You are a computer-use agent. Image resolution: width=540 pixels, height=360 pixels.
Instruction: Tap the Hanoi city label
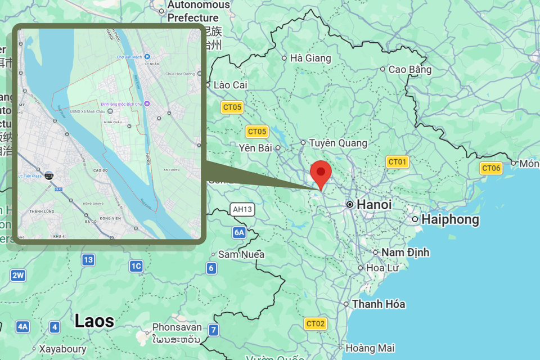[373, 204]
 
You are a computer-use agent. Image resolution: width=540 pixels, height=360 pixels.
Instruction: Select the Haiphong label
[450, 219]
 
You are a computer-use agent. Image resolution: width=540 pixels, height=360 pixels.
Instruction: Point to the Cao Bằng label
[409, 69]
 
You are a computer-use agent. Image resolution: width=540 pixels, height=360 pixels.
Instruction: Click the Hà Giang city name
[310, 58]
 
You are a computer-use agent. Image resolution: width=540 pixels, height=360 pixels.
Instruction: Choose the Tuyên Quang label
[337, 143]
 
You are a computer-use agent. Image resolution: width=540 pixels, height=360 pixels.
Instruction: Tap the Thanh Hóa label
[379, 304]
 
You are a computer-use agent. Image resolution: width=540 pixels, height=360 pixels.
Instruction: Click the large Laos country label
[94, 321]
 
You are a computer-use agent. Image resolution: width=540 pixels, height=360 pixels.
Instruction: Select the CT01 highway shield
[397, 162]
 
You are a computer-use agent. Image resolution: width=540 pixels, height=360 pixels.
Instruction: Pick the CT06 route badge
[491, 168]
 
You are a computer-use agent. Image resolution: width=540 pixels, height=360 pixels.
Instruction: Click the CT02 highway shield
[316, 323]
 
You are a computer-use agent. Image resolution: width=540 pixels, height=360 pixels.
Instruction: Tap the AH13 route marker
[243, 209]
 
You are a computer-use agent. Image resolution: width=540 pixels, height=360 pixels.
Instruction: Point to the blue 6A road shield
[239, 232]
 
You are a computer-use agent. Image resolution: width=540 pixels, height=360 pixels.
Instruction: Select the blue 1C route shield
[136, 266]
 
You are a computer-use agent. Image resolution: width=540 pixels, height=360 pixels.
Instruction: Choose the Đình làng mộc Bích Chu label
[121, 103]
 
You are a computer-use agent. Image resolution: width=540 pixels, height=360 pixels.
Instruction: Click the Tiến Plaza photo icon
[49, 175]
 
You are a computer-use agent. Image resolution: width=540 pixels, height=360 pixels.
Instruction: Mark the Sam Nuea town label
[241, 254]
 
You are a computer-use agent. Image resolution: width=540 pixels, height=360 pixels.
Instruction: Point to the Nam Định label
[405, 253]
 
